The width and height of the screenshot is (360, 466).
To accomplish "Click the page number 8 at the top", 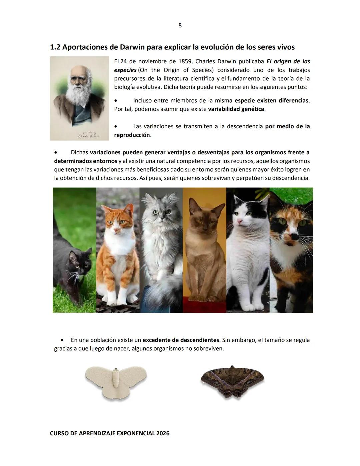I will (x=180, y=26).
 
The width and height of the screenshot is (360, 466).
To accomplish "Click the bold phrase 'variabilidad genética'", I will (x=236, y=109).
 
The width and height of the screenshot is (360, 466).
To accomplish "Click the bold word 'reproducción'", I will (x=132, y=135).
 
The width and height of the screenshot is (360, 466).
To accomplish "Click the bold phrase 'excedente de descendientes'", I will (x=181, y=340).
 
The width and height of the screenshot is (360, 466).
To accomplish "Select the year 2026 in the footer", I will (x=162, y=433).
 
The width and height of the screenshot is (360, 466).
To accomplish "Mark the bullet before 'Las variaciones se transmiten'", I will (x=116, y=127).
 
